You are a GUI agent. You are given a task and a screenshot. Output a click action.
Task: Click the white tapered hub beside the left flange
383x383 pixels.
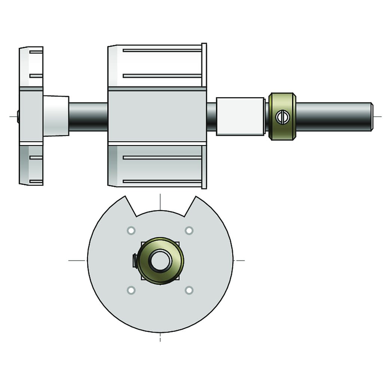tap(56, 116)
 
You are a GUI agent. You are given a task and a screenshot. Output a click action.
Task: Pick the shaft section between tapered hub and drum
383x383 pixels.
tap(88, 116)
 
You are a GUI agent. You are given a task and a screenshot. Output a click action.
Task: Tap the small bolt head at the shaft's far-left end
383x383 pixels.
tap(18, 116)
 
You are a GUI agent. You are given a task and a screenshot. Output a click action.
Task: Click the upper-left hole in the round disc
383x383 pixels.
tap(131, 230)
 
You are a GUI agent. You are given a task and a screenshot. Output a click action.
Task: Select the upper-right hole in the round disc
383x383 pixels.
tap(189, 230)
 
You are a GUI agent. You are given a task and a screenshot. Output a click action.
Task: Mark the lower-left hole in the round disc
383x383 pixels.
tap(131, 290)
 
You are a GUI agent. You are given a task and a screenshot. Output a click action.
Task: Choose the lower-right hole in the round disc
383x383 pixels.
tap(189, 290)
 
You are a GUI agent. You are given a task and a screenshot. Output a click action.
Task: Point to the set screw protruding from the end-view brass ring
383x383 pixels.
tap(135, 260)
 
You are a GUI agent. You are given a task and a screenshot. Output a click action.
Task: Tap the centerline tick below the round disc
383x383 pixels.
tap(160, 338)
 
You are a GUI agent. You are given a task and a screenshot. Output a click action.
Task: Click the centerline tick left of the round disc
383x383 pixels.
tap(77, 260)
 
